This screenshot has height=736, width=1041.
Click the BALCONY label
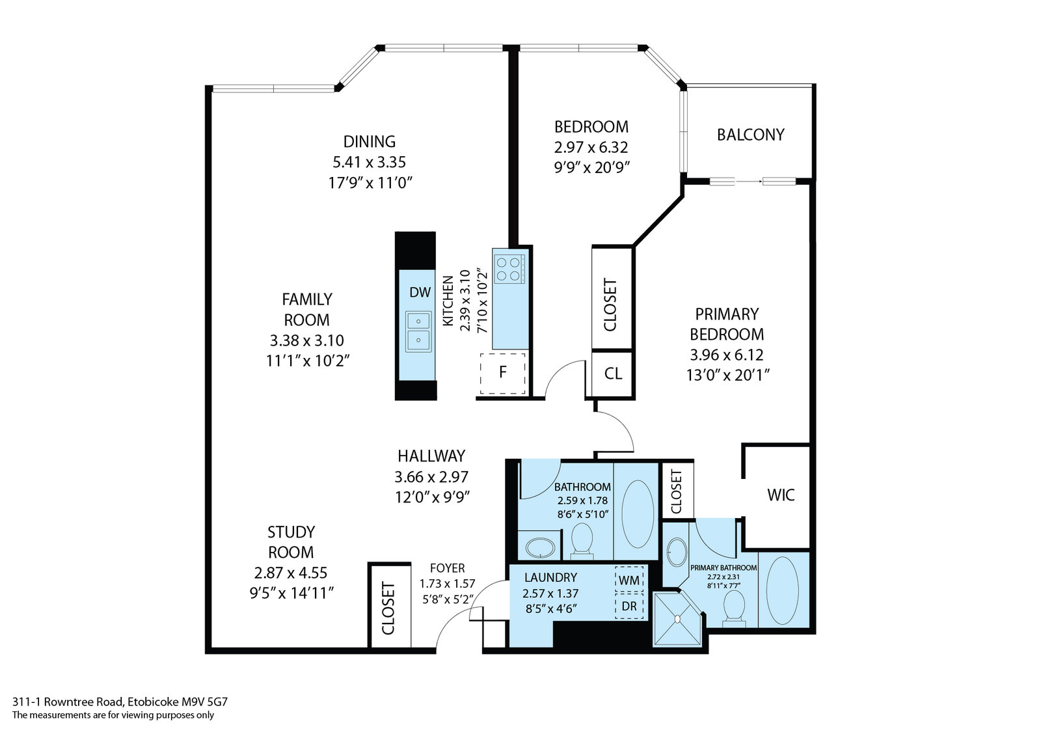coord(751,134)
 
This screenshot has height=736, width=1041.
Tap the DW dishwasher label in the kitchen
coord(420,292)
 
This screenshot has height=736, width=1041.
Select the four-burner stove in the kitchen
coord(510,269)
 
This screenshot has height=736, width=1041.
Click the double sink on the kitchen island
coord(418,331)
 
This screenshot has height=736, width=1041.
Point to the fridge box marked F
coord(502,373)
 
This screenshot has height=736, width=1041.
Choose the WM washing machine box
coord(629,579)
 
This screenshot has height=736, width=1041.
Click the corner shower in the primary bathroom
coord(677,618)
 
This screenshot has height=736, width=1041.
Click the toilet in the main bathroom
coord(582,541)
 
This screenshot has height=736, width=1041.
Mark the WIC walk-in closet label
coord(781,495)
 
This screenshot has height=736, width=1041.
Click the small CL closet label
coord(613,374)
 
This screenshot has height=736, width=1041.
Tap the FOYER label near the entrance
coord(447,568)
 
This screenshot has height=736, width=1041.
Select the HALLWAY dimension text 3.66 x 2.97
coord(431,476)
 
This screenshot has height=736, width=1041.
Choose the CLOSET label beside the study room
coord(388,608)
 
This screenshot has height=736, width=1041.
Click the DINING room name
coord(370,141)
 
